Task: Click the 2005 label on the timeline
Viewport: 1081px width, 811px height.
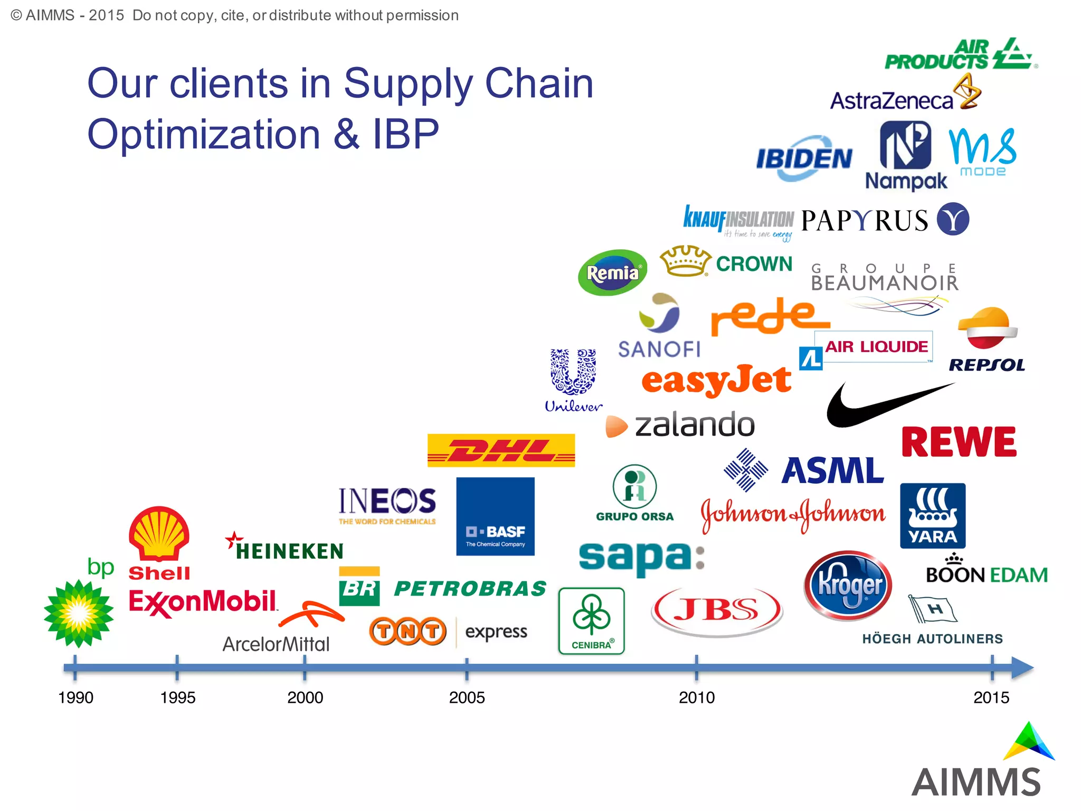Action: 467,697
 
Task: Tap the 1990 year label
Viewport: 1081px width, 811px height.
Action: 75,697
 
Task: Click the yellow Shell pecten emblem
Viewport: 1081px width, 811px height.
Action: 159,533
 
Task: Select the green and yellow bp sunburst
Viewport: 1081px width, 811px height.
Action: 79,613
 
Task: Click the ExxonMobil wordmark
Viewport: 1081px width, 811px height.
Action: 203,602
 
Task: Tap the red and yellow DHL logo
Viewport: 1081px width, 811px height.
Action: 501,450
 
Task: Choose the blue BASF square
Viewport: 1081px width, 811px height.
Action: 495,516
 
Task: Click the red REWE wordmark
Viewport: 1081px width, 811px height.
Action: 959,442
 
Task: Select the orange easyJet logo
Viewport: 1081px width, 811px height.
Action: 716,380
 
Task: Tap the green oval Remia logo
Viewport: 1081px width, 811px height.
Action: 612,272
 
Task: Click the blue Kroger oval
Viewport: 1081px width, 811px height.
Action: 848,586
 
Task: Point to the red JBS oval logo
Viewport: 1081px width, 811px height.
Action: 717,610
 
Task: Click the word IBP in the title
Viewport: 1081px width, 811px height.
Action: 406,134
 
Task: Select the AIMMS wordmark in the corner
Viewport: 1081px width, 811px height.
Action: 976,782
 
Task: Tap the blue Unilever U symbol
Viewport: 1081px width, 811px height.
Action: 573,372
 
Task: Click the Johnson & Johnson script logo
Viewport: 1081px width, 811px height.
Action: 793,514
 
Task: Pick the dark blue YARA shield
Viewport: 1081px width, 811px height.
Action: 933,516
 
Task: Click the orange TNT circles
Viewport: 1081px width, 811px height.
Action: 408,631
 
